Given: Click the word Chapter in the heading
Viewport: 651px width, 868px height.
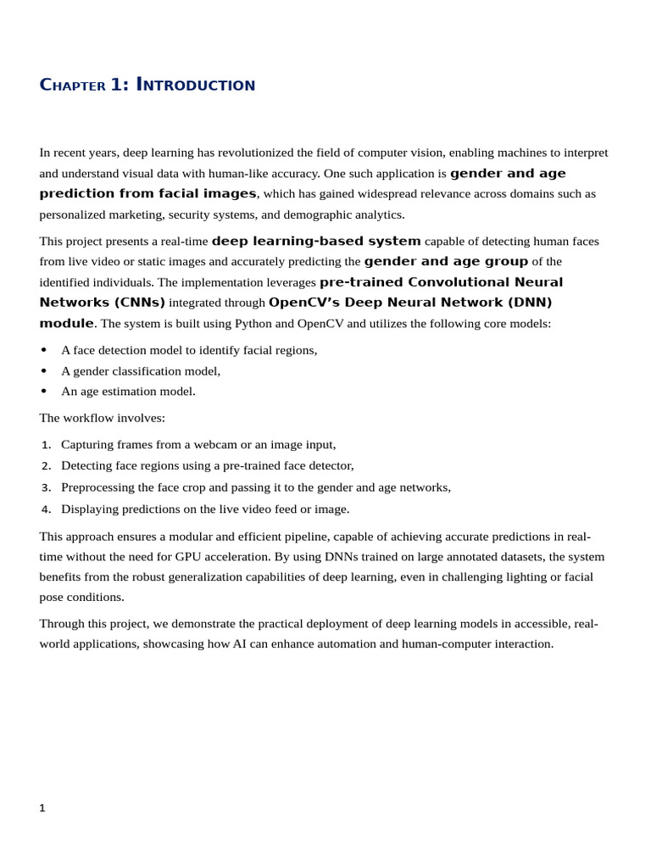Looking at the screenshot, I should coord(73,86).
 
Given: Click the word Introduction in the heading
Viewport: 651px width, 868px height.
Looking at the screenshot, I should coord(196,86).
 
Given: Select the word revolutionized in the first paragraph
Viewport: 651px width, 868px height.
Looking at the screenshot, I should coord(259,153).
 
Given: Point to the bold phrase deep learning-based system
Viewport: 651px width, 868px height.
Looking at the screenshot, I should coord(316,241).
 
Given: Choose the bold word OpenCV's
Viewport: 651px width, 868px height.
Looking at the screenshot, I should coord(295,303).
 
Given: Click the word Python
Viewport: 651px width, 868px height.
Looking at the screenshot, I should coord(253,323).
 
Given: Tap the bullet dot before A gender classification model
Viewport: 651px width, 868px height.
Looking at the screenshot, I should coord(44,371).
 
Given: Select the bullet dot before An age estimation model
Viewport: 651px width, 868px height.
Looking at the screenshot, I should coord(44,392).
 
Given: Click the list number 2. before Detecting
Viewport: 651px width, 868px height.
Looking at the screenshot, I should coord(47,466).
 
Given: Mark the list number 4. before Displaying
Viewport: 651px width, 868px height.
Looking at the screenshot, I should coord(47,509).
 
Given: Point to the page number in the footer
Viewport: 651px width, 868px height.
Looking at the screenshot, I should coord(42,808).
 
